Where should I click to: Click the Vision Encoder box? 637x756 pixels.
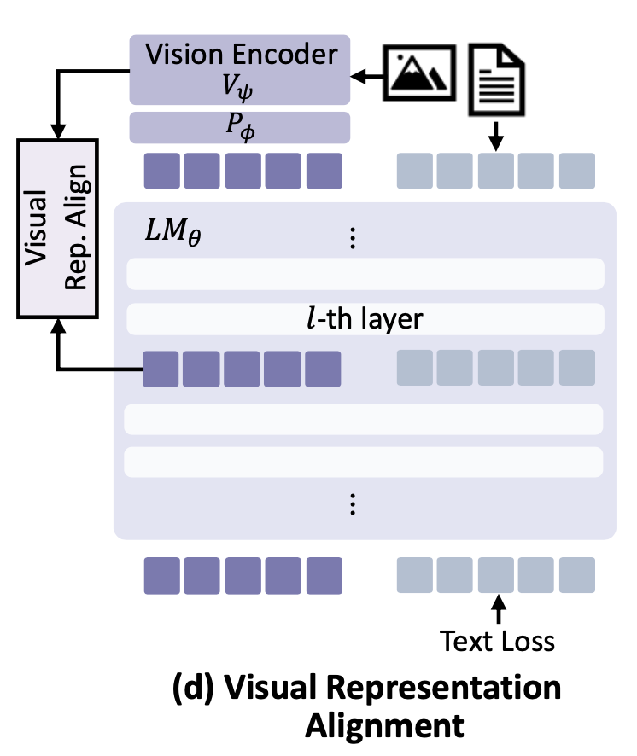239,69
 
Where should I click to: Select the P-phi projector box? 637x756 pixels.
239,127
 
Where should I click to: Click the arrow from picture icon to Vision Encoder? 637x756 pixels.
368,78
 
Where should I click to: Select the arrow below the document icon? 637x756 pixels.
496,136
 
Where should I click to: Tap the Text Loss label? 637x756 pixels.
496,640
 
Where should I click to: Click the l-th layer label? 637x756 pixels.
365,319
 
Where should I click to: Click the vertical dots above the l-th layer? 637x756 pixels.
352,239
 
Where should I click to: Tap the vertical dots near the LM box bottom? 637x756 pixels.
352,505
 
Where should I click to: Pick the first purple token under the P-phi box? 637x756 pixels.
162,171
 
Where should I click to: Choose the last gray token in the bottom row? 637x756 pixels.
577,575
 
